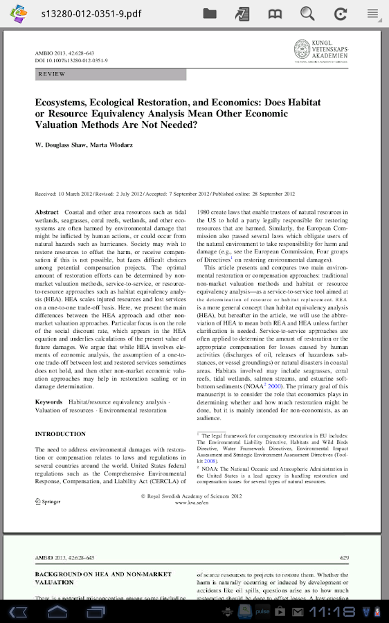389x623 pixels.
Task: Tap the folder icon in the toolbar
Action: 210,13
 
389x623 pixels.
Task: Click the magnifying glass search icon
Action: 307,13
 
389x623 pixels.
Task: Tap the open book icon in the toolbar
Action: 275,13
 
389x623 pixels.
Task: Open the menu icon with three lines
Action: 373,13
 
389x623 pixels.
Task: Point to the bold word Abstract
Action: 47,212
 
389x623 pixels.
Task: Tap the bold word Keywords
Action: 49,401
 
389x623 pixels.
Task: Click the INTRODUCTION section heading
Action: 60,434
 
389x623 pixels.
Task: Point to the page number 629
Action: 344,557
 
